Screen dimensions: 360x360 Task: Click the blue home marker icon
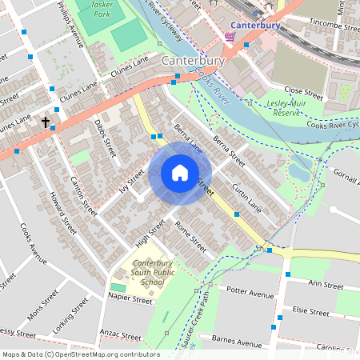(180, 173)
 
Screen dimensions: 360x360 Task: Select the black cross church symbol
(46, 122)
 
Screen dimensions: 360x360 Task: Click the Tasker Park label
(101, 9)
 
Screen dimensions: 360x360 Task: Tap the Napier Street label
(130, 302)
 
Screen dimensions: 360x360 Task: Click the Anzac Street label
(120, 332)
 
